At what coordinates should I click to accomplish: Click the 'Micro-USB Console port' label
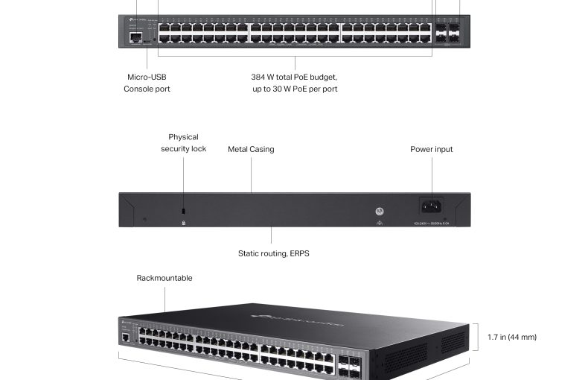coord(147,83)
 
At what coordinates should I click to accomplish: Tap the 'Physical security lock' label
coord(183,143)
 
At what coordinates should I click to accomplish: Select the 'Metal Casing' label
coord(251,149)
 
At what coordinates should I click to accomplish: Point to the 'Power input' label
coord(432,149)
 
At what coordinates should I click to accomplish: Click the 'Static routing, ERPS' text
coord(273,253)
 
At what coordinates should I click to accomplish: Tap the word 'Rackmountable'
coord(164,278)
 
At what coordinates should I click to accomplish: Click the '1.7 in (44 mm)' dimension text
coord(512,337)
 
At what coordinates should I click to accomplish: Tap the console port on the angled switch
coord(126,338)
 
